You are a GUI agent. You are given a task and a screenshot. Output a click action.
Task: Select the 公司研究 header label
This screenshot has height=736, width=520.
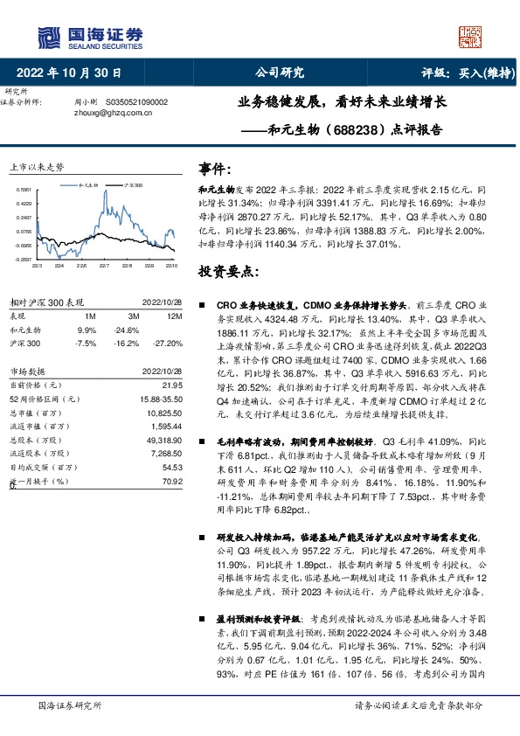[x=279, y=72]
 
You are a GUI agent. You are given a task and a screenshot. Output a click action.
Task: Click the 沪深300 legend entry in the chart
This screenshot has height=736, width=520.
[x=132, y=186]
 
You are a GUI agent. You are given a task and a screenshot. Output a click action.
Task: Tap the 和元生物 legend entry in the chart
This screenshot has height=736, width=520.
[x=90, y=186]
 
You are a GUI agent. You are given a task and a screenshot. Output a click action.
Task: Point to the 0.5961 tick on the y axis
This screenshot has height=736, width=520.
[x=24, y=190]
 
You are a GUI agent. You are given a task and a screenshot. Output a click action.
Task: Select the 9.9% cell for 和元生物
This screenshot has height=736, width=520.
[x=87, y=330]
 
